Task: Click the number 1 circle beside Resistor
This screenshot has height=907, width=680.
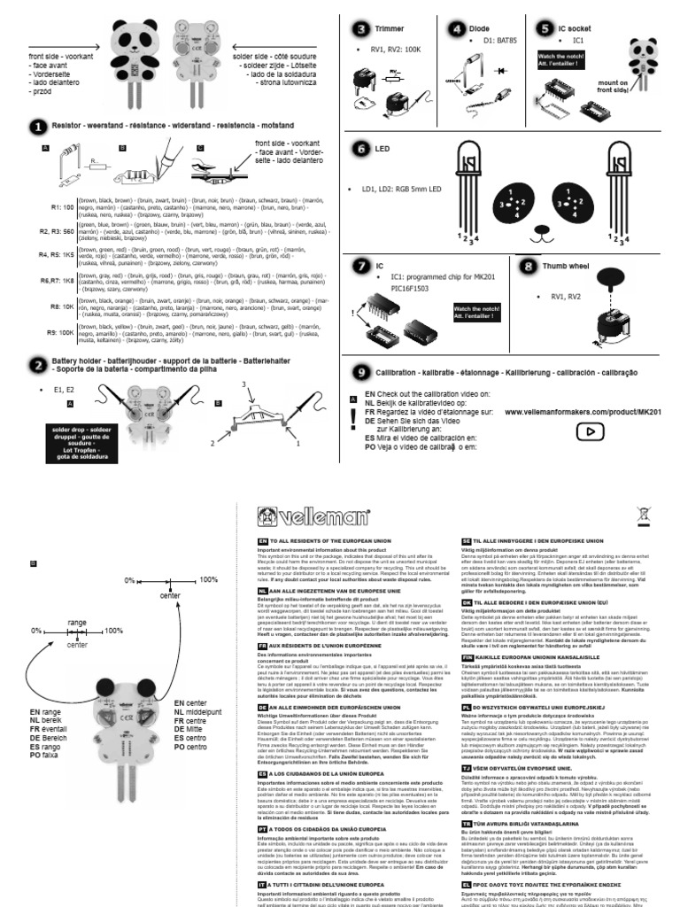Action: [x=40, y=128]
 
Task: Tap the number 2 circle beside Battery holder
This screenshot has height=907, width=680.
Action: [x=38, y=365]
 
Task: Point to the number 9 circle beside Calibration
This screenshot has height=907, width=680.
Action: [x=360, y=371]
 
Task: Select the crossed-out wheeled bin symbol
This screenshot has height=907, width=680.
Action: [x=642, y=514]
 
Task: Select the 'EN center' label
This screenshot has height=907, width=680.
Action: [x=193, y=702]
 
